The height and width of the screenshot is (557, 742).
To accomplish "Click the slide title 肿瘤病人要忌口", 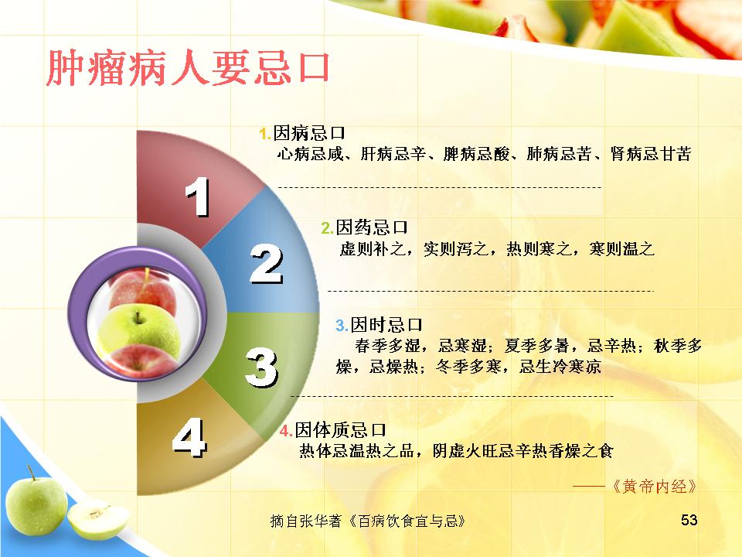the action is (x=188, y=68).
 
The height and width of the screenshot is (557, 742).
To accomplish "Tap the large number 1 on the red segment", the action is (x=198, y=196).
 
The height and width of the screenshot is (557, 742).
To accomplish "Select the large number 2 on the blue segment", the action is (x=267, y=264).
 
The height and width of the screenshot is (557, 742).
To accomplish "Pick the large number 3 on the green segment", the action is (x=262, y=367).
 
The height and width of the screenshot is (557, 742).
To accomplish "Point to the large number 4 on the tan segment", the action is (x=189, y=437).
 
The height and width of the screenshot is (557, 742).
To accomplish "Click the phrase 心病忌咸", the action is (x=311, y=154).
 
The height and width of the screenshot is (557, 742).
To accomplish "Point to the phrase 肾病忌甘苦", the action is (x=651, y=154).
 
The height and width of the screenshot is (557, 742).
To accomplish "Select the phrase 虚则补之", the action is (x=373, y=248).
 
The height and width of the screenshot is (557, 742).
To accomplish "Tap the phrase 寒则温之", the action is (x=622, y=248).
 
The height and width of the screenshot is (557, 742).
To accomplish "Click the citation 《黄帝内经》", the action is (x=655, y=487).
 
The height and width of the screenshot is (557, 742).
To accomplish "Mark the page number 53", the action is (x=689, y=520).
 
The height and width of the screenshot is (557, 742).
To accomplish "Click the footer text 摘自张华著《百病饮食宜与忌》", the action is (x=368, y=521).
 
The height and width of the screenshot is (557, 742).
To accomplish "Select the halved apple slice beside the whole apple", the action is (x=98, y=520).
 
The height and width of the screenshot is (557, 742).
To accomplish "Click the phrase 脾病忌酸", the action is (x=477, y=154).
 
